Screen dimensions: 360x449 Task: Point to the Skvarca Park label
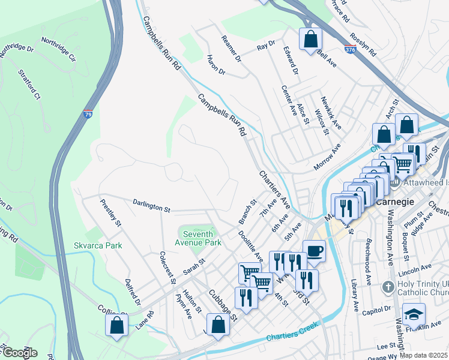(x=98, y=245)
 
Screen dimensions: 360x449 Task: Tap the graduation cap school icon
(x=414, y=314)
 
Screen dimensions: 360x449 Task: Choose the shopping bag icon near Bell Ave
(x=310, y=40)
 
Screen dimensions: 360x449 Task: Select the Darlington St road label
(x=152, y=206)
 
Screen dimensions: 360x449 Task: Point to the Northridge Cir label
(x=58, y=50)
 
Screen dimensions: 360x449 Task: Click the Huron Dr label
(x=215, y=65)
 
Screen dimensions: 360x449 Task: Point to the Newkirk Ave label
(x=331, y=113)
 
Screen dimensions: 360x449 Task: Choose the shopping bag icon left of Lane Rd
(x=117, y=325)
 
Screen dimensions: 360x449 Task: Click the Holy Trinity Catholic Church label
(x=423, y=288)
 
